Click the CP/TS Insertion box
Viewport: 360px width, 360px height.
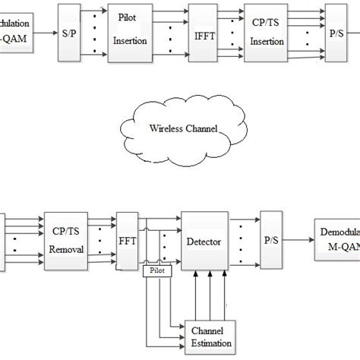[x=267, y=33]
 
